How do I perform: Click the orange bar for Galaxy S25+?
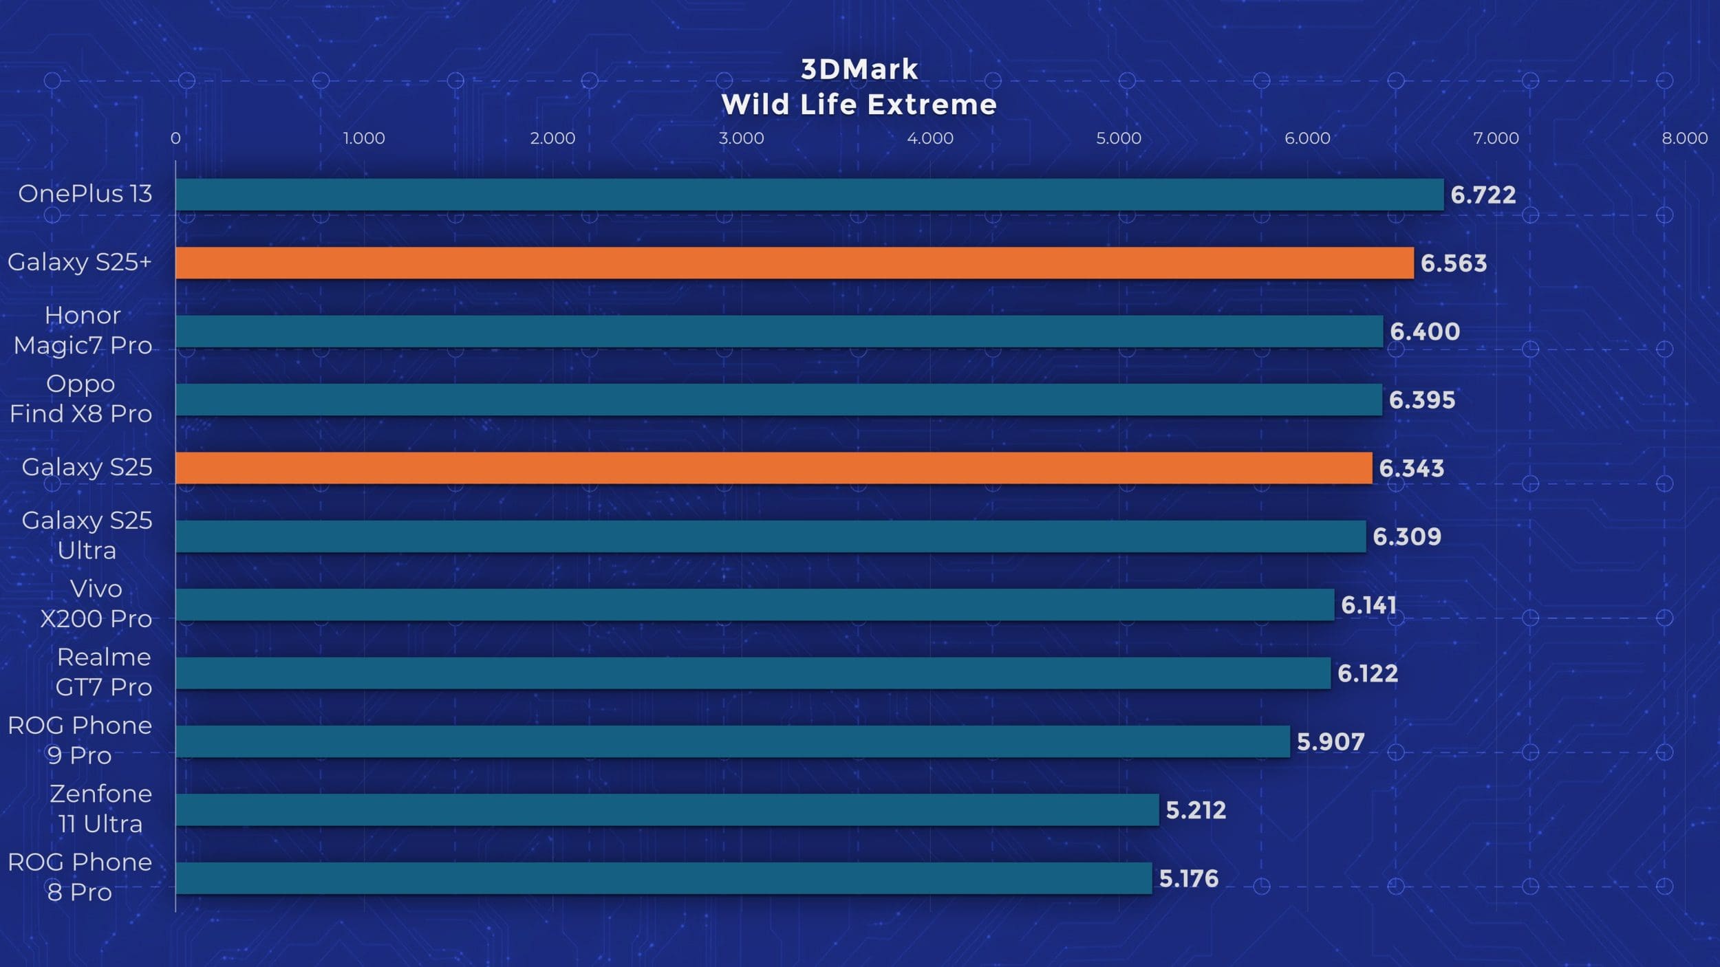(795, 263)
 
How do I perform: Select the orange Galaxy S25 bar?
(773, 468)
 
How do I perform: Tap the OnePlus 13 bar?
(809, 195)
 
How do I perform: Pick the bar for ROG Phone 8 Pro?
(663, 878)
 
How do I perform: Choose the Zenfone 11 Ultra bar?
(667, 810)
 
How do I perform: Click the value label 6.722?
(1483, 195)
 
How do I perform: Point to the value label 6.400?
(1424, 332)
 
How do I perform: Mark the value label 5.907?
(1330, 741)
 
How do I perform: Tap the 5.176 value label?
(1188, 878)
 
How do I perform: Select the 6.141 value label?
(1368, 605)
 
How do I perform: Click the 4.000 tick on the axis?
(929, 138)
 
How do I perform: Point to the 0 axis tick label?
(175, 138)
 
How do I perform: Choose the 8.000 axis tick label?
(1684, 138)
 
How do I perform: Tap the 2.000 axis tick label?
(552, 138)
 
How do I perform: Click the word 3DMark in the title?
(859, 69)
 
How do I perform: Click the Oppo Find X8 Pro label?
(80, 399)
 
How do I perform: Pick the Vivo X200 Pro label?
(96, 604)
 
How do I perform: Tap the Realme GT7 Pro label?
(103, 672)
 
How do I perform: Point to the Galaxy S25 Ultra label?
(87, 535)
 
